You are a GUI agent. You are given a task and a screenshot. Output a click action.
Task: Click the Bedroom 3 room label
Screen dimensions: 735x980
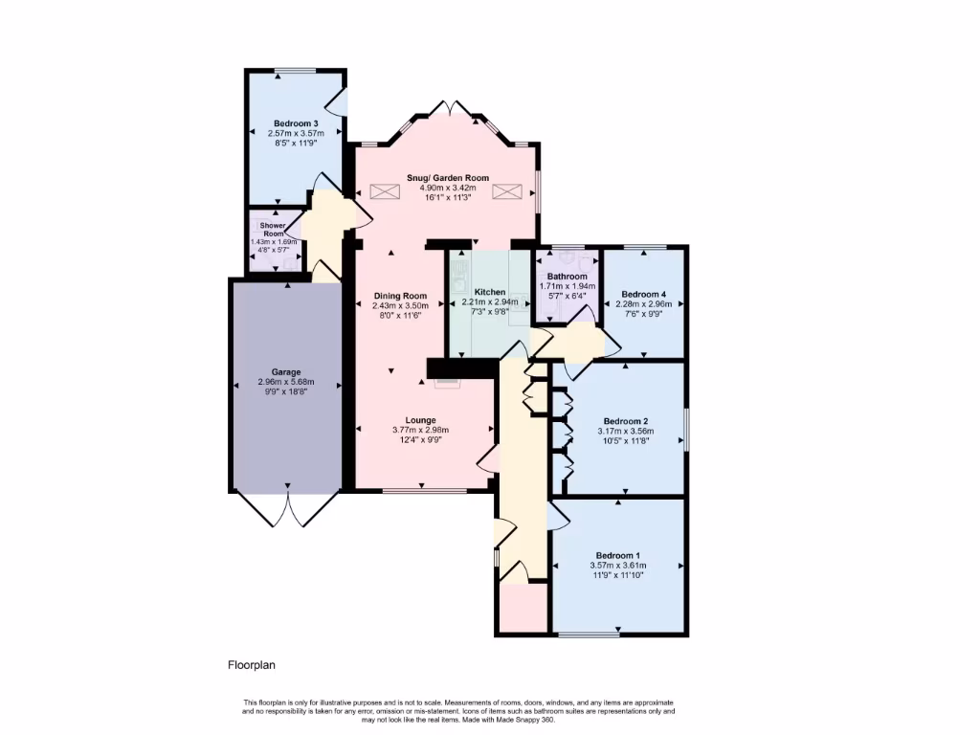295,123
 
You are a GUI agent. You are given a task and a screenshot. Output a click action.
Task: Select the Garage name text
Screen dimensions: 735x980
286,372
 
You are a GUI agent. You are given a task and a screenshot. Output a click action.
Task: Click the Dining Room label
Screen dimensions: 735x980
400,296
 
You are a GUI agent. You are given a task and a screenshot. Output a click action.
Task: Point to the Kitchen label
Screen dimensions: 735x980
490,291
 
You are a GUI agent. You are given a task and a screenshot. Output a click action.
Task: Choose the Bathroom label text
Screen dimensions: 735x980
567,277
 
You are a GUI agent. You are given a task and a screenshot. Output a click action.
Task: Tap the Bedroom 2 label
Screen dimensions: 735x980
626,421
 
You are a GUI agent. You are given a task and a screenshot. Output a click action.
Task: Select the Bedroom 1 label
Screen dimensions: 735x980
617,556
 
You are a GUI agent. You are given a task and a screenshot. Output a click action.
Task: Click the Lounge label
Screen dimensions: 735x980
421,420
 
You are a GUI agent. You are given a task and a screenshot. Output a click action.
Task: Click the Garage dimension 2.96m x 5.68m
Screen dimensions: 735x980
286,382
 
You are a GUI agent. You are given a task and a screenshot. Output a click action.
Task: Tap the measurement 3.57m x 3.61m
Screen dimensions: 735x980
617,566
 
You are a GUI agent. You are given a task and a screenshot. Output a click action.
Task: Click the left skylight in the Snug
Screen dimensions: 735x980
385,191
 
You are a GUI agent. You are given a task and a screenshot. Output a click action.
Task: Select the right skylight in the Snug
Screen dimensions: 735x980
504,191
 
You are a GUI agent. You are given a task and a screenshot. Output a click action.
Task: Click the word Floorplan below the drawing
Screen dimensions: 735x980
252,664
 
